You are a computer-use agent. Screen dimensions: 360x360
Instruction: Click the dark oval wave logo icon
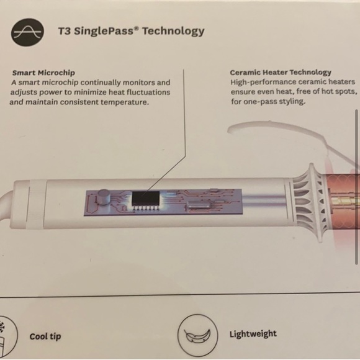27,32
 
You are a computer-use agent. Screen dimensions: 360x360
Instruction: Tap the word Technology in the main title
173,31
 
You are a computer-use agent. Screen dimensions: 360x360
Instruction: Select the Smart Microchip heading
43,73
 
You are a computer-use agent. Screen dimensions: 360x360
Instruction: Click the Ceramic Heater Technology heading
281,73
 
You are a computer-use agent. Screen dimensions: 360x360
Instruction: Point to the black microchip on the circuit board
146,199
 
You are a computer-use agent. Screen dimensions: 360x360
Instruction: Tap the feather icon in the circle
197,336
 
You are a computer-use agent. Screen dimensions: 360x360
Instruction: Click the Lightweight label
253,334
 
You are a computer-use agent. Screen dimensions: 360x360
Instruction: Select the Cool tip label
45,336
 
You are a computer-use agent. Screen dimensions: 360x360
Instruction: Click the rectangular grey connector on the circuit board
199,204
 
